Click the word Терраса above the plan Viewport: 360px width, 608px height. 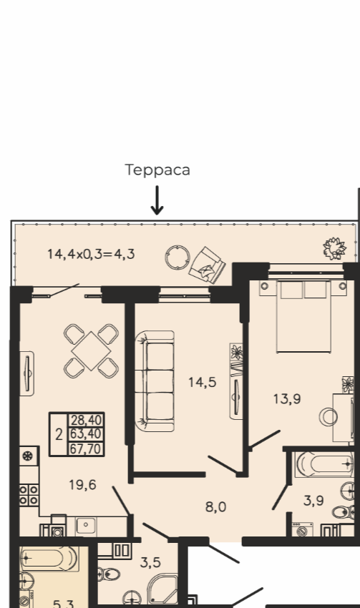pyautogui.click(x=157, y=170)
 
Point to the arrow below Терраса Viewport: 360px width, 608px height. pyautogui.click(x=157, y=200)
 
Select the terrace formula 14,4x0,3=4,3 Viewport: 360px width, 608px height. pyautogui.click(x=91, y=254)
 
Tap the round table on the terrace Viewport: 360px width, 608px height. pyautogui.click(x=177, y=257)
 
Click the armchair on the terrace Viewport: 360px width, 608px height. pyautogui.click(x=207, y=264)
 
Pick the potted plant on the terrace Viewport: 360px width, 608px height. pyautogui.click(x=334, y=248)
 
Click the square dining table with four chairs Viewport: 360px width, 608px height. pyautogui.click(x=91, y=351)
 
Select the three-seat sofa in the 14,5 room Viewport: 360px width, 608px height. pyautogui.click(x=155, y=381)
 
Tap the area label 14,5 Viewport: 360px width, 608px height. pyautogui.click(x=202, y=383)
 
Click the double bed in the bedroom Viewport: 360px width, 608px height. pyautogui.click(x=303, y=316)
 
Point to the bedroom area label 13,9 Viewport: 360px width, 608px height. pyautogui.click(x=287, y=398)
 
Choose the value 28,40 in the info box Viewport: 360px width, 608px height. pyautogui.click(x=86, y=420)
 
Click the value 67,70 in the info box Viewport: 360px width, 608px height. pyautogui.click(x=86, y=448)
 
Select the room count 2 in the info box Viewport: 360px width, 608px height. pyautogui.click(x=59, y=435)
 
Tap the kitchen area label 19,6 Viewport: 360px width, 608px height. pyautogui.click(x=82, y=485)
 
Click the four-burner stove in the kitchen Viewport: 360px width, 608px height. pyautogui.click(x=29, y=495)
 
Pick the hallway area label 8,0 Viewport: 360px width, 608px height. pyautogui.click(x=215, y=507)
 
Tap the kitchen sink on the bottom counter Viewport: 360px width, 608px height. pyautogui.click(x=86, y=526)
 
